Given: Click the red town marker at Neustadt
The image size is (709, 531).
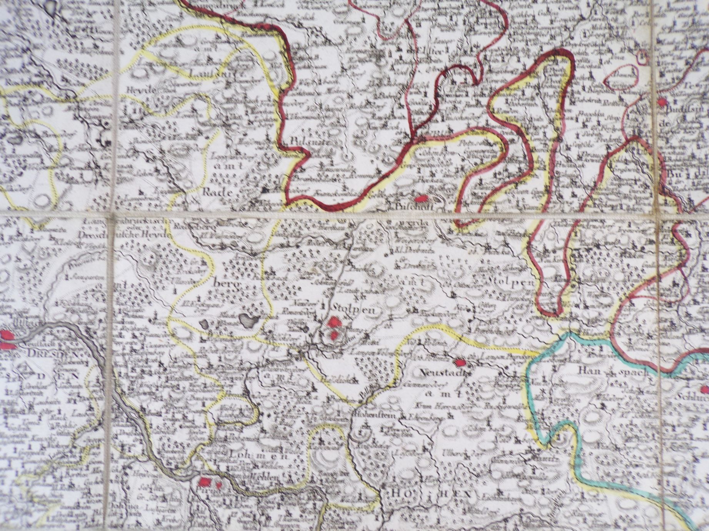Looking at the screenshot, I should coord(459,362).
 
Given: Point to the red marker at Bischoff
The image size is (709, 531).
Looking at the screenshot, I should coord(422,199).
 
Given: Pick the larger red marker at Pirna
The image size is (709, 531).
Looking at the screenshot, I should coord(205,482).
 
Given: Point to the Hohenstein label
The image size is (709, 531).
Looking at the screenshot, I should coord(372,415).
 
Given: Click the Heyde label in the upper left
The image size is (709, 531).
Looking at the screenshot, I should coord(140,89).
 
